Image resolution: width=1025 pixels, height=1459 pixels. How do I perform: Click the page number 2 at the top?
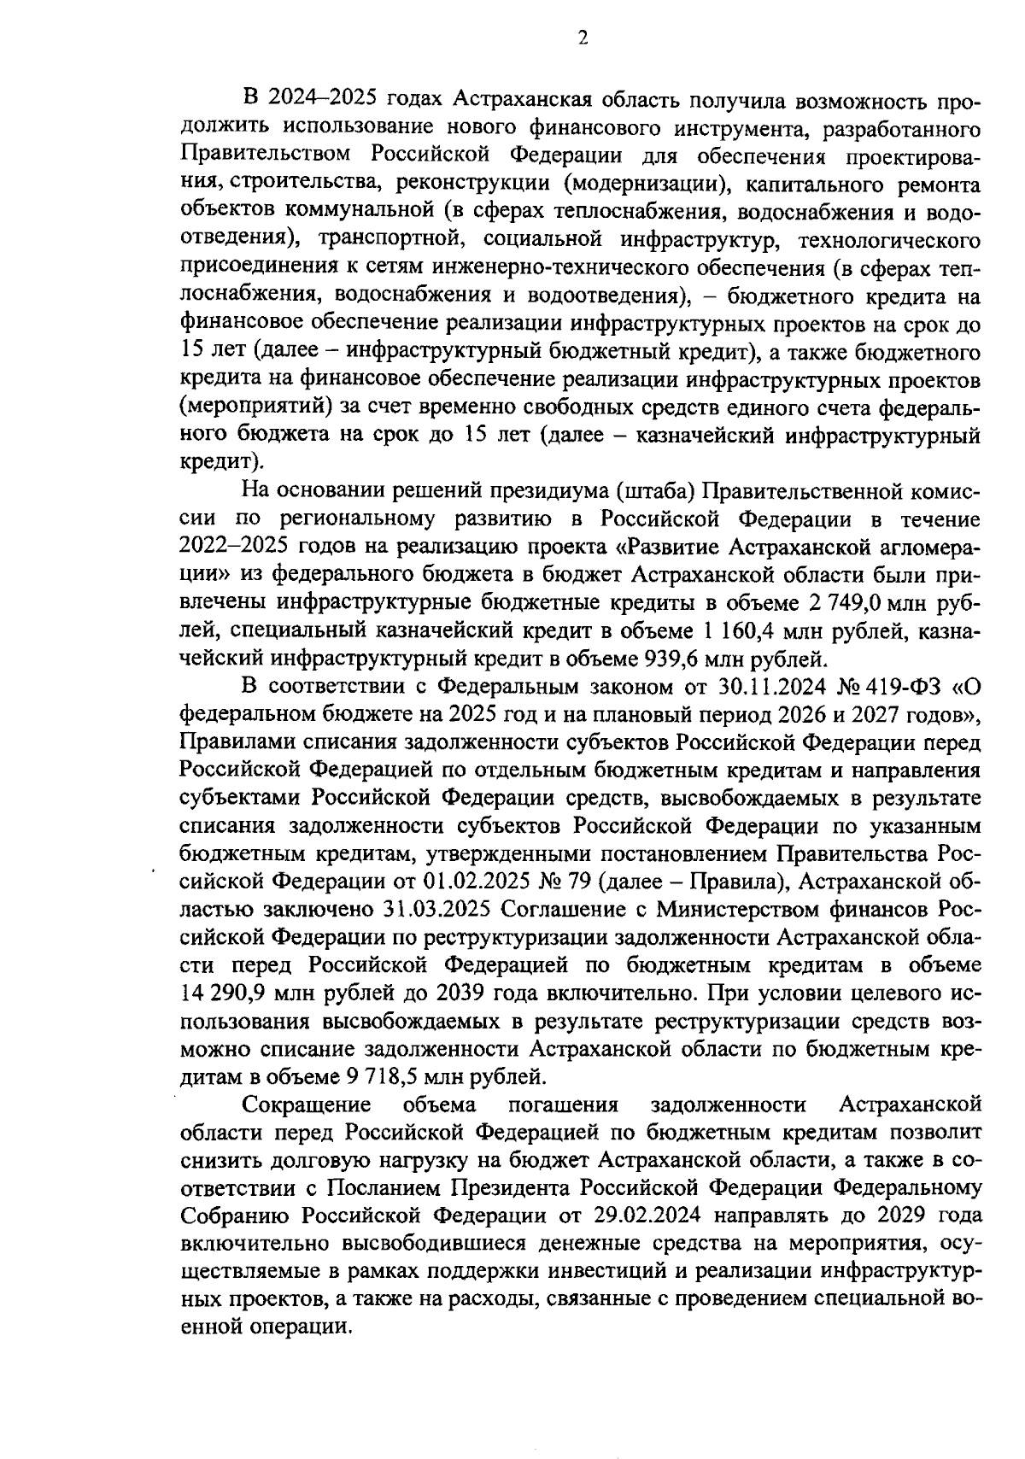[x=583, y=38]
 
